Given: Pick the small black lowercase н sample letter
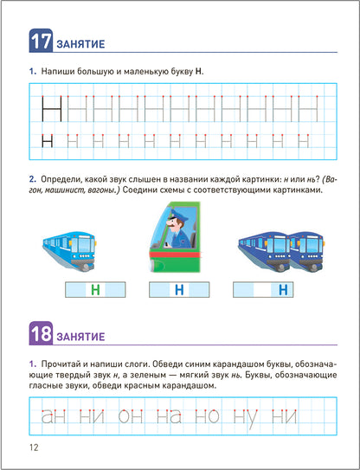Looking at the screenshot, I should (x=48, y=138).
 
